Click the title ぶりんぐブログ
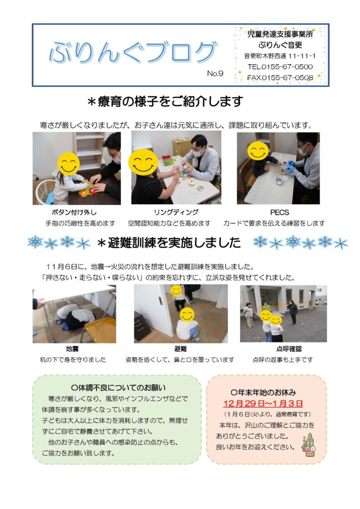tap(133, 52)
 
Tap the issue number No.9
tap(215, 74)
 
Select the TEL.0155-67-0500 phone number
tap(280, 67)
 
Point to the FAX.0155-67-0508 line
tap(280, 78)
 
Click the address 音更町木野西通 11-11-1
tap(280, 56)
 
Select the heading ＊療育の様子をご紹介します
tap(165, 101)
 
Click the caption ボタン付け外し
tap(74, 212)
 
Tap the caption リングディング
tap(176, 212)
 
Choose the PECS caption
tap(279, 212)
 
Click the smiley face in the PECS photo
tap(258, 151)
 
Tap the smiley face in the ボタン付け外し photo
tap(69, 164)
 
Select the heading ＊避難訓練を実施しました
tap(169, 243)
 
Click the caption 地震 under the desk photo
tap(72, 349)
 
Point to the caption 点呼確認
tap(288, 349)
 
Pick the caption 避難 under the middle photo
tap(180, 349)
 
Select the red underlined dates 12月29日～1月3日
tap(263, 404)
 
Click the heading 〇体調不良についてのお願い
tap(118, 388)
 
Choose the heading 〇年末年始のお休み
tap(263, 393)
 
